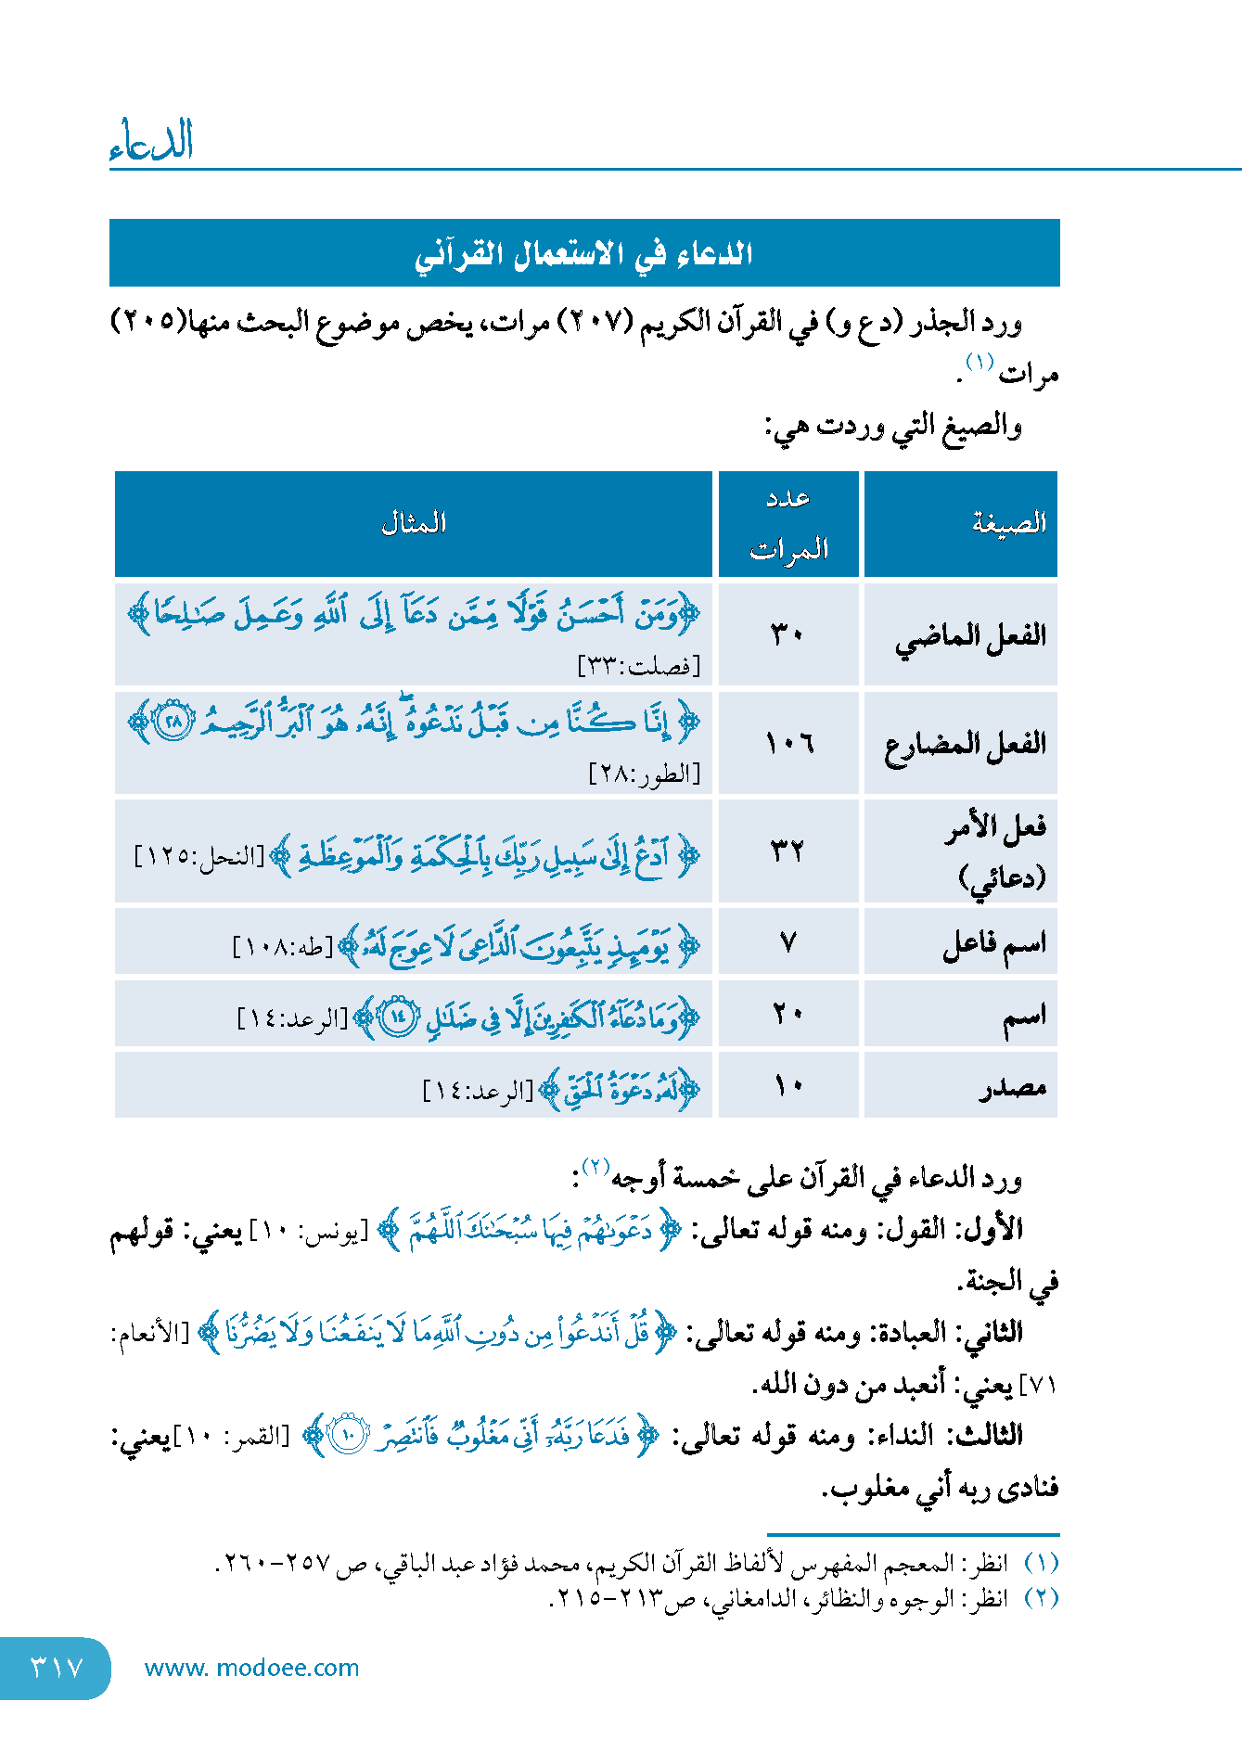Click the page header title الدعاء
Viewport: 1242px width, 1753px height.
point(151,141)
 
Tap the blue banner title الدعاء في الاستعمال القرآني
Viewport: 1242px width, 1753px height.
point(583,253)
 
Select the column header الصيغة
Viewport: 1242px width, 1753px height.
point(1008,524)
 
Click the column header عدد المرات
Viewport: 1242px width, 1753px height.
point(788,524)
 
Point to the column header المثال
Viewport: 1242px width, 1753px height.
point(414,524)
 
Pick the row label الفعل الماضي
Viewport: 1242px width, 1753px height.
point(969,636)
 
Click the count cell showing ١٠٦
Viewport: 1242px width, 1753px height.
point(788,743)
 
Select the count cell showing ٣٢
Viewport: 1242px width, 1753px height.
point(788,851)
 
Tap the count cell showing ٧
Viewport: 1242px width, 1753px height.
point(788,943)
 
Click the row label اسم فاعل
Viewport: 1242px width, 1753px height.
point(994,943)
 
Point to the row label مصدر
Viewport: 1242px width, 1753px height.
point(1013,1086)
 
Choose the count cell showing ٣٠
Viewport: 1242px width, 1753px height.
point(788,635)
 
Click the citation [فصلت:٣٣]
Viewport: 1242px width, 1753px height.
point(639,666)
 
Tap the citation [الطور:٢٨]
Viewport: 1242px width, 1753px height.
point(645,774)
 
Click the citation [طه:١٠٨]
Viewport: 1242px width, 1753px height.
point(283,947)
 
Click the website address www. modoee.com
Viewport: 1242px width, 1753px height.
point(251,1668)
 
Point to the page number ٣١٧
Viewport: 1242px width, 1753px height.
point(57,1668)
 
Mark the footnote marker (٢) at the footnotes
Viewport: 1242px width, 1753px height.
point(1041,1599)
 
